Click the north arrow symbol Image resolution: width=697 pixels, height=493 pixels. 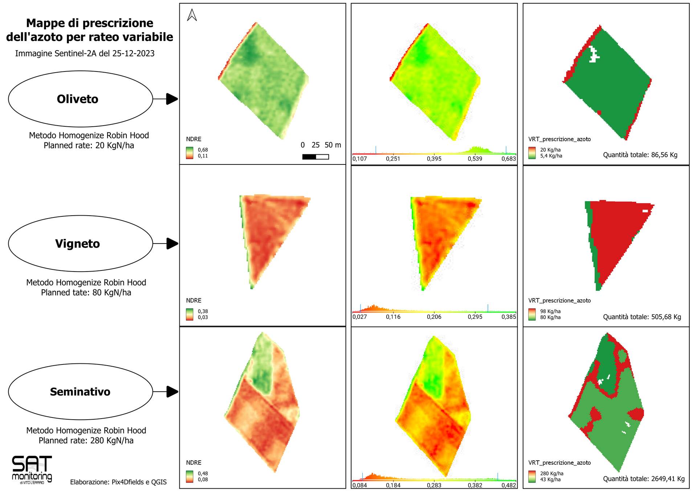click(192, 15)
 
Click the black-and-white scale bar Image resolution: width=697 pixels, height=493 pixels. click(315, 157)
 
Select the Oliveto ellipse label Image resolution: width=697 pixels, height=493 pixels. click(78, 99)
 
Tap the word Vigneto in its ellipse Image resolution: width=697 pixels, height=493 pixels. click(78, 244)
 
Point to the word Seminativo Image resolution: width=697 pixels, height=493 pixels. click(80, 392)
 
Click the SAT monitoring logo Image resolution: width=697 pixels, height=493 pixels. click(32, 470)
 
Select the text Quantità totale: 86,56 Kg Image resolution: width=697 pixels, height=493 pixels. click(640, 155)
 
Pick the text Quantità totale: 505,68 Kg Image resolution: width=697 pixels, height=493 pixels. click(642, 317)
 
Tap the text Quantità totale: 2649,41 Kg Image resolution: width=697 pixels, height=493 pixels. click(644, 479)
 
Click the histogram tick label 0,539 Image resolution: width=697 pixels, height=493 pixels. click(475, 159)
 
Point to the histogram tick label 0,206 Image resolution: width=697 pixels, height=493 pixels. click(434, 317)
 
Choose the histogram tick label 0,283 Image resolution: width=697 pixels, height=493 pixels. click(434, 485)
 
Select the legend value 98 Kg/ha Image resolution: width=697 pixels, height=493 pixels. click(550, 311)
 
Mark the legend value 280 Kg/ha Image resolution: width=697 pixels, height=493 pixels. click(552, 473)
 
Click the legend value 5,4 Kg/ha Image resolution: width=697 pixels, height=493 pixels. click(551, 156)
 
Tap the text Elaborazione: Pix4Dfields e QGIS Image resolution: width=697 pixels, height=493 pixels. click(118, 482)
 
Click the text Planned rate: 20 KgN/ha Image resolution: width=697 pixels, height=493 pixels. click(89, 146)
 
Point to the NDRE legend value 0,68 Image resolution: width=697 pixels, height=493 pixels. click(203, 150)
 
